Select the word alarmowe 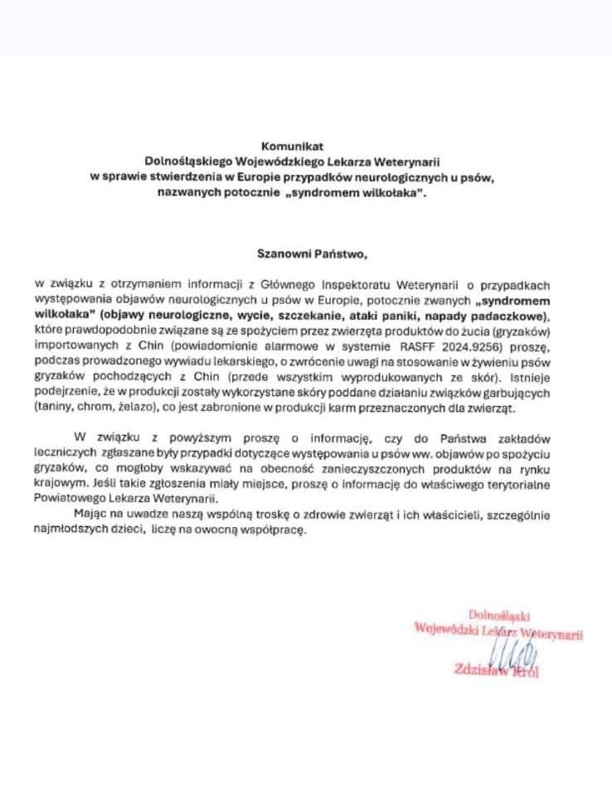304,340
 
